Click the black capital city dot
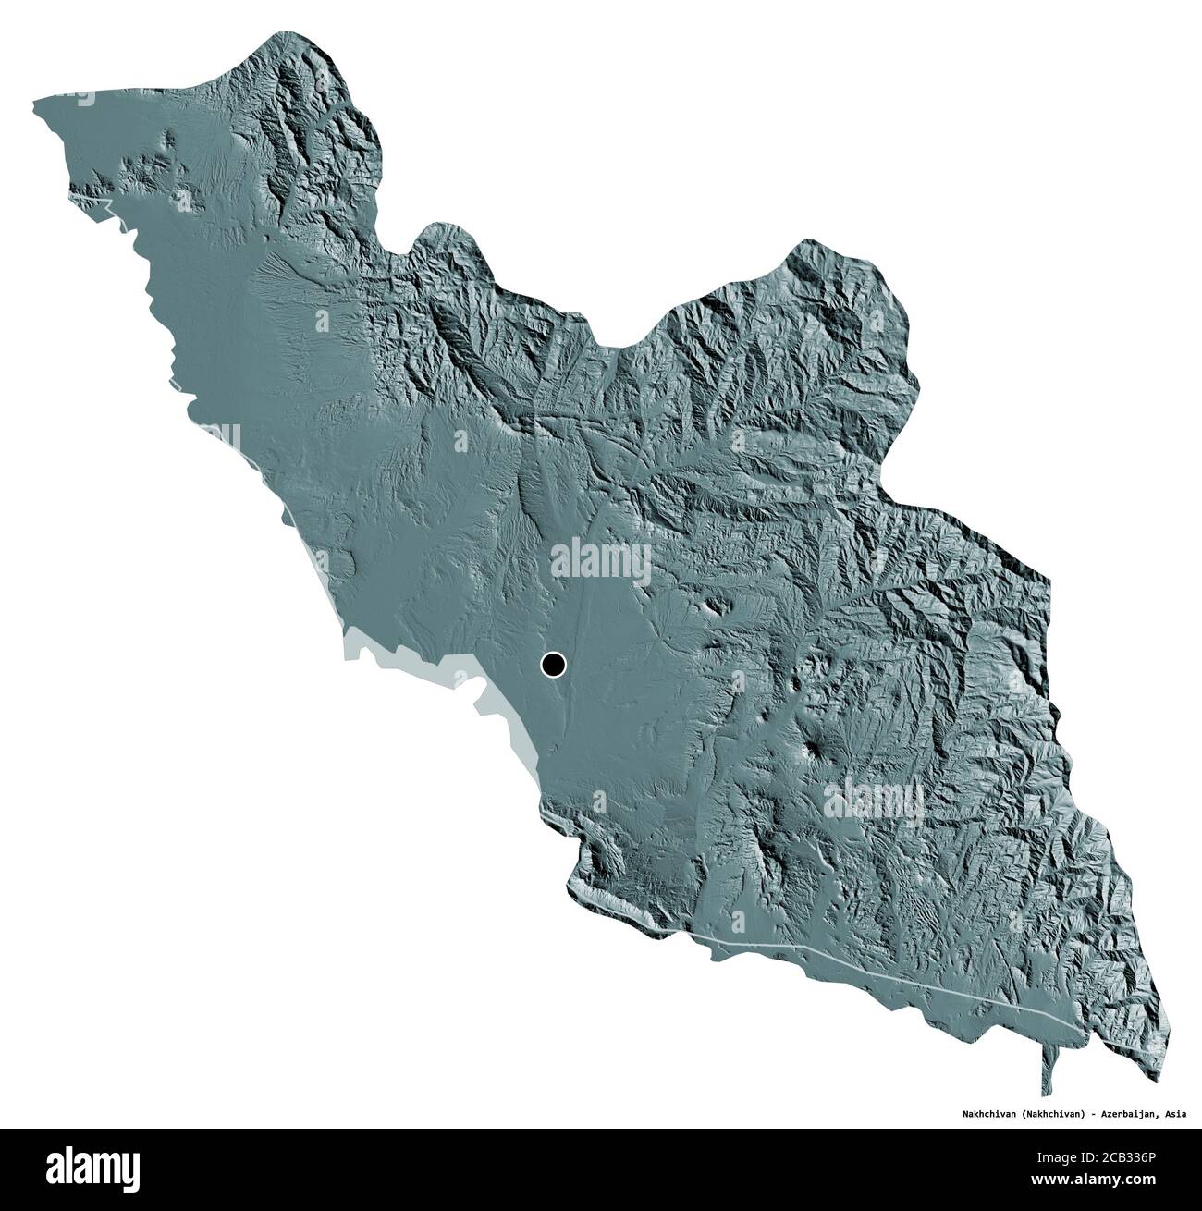553,664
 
